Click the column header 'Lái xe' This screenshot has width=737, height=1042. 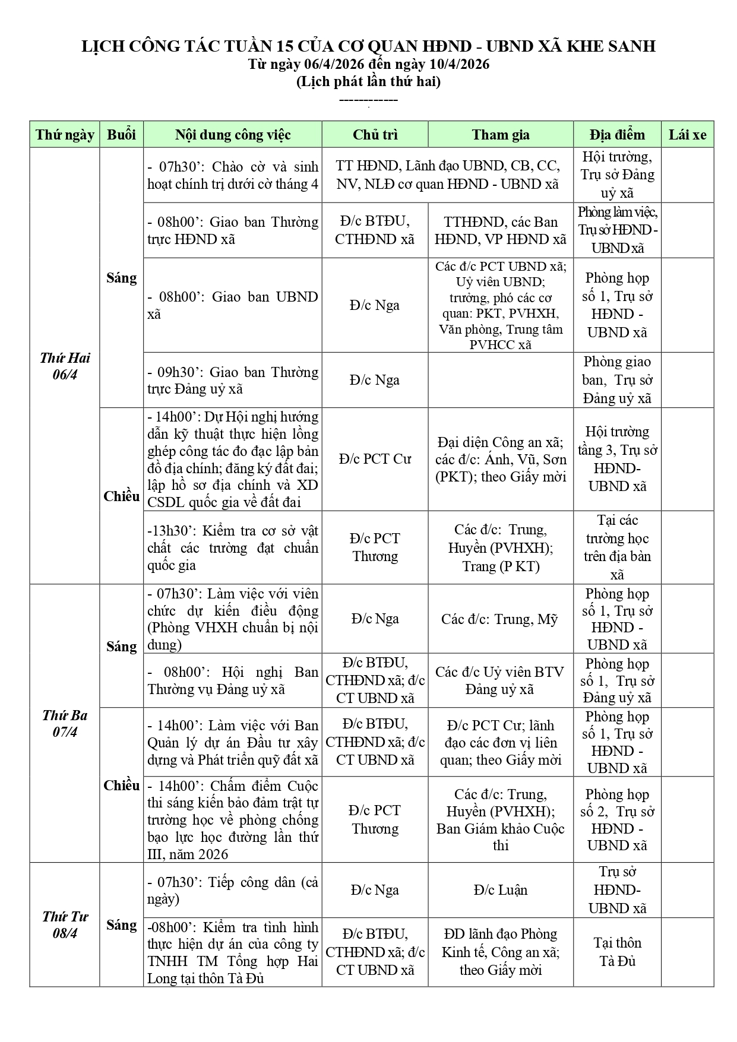tap(687, 135)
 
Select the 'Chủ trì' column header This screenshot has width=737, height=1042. tap(375, 135)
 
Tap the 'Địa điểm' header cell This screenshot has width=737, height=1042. tap(617, 135)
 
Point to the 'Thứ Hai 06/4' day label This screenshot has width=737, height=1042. tap(65, 366)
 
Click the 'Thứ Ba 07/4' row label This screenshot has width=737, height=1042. tap(65, 723)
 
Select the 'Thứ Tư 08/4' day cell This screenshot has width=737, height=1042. tap(65, 924)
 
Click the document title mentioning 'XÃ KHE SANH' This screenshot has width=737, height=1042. tap(368, 46)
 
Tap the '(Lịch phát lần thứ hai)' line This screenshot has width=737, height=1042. tap(368, 81)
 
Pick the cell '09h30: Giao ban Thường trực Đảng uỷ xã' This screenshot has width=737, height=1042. tap(232, 380)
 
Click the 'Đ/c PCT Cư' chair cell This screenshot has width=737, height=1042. tap(375, 459)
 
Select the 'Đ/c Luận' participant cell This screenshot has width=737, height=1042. tap(500, 889)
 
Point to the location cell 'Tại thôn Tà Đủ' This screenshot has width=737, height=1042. tap(617, 951)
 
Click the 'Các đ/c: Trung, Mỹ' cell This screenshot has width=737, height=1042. tap(500, 619)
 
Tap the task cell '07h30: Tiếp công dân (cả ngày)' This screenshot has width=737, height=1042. tap(232, 890)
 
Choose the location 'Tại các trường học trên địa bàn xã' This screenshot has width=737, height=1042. tap(617, 547)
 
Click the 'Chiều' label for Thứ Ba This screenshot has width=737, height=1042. tap(121, 785)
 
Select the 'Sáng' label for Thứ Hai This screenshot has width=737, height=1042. tap(121, 277)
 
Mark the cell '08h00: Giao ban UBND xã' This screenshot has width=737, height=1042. tap(232, 305)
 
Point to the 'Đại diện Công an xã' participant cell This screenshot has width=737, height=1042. tap(500, 459)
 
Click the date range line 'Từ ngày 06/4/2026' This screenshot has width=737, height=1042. tap(368, 64)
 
